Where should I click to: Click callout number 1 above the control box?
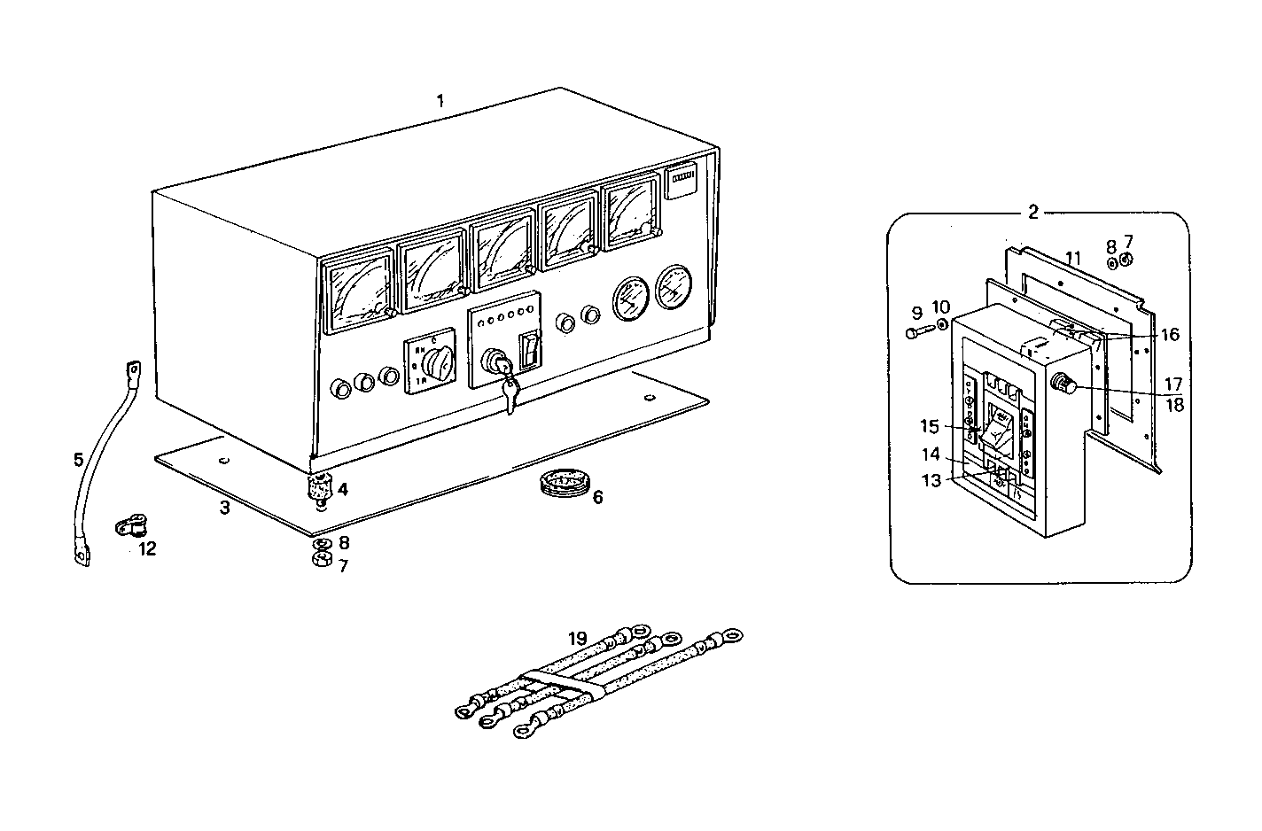[440, 101]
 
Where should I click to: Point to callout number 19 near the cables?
[578, 638]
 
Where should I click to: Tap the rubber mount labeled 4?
[319, 487]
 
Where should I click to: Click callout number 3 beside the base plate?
[225, 508]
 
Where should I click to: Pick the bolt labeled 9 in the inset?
[920, 333]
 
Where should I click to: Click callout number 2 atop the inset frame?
[1032, 212]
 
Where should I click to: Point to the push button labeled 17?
[1062, 385]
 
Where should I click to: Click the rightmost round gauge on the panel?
[675, 288]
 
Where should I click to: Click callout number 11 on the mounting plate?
[1073, 259]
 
